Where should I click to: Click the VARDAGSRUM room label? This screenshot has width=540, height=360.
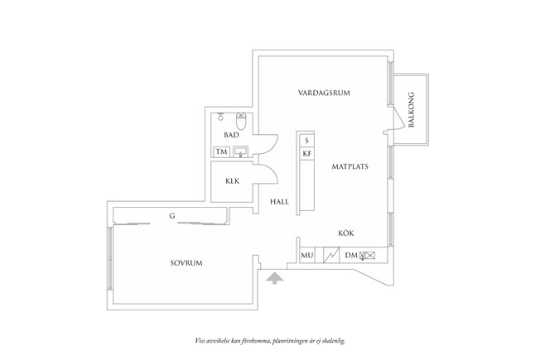point(324,93)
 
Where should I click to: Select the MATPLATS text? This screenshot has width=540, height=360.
point(350,166)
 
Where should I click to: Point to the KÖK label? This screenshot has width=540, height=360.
point(346,234)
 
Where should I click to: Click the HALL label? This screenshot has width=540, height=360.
point(277,202)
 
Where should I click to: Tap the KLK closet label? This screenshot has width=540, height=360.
point(232,183)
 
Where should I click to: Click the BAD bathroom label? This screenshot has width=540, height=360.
point(231,134)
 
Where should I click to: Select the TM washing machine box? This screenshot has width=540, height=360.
point(221,152)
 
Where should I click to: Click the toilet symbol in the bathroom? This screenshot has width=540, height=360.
point(241,118)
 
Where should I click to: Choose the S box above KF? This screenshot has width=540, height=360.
point(306,140)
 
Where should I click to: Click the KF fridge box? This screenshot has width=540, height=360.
point(306,153)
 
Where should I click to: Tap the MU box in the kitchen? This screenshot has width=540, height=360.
point(306,256)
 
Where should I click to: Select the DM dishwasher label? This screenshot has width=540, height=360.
point(350,256)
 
